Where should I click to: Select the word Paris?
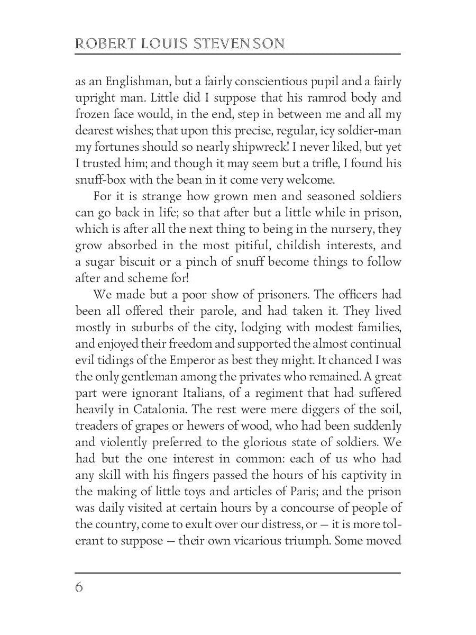[292, 491]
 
